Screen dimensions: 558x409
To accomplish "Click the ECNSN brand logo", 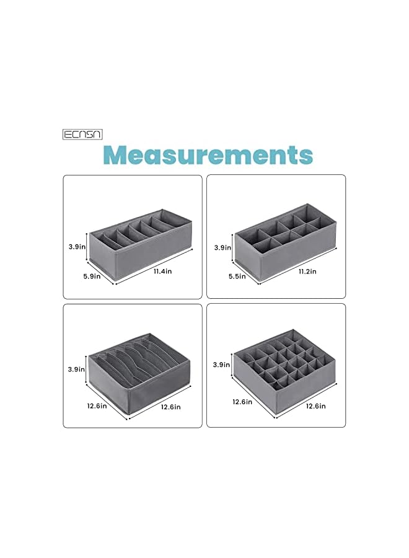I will click(x=82, y=134).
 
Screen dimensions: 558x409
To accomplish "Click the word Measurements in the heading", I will click(x=208, y=154).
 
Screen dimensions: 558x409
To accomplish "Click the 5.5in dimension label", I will click(x=235, y=277).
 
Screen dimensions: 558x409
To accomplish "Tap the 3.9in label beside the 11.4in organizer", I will click(x=77, y=246).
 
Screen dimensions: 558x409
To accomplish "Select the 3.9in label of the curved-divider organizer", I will click(x=77, y=369).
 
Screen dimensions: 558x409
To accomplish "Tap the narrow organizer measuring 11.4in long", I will click(x=140, y=239).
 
